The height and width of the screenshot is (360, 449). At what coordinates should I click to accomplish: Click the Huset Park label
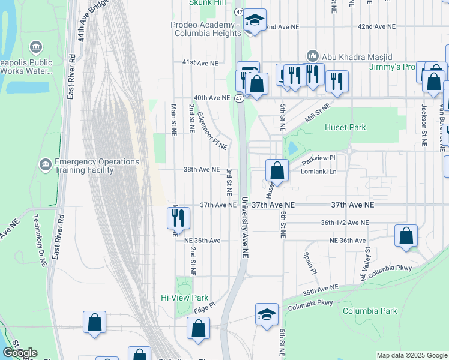coord(345,127)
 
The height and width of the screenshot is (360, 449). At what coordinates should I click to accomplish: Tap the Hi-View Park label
coord(184,298)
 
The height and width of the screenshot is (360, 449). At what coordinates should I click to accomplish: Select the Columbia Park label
coord(370,311)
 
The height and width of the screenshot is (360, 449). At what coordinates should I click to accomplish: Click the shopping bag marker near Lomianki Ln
coord(277,171)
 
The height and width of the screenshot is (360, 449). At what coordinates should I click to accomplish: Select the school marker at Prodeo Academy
coord(255,21)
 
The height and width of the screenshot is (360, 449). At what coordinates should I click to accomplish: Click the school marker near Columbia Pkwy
coord(267,315)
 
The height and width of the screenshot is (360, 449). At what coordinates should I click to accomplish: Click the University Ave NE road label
coord(244,228)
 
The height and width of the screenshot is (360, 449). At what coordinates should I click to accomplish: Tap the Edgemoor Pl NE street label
coord(212,131)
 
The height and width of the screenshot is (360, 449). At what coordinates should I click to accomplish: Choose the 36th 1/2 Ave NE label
coord(345,223)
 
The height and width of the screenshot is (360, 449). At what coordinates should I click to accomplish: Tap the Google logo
coord(20,353)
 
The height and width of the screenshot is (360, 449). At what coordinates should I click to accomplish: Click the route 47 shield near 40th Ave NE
coord(240,98)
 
